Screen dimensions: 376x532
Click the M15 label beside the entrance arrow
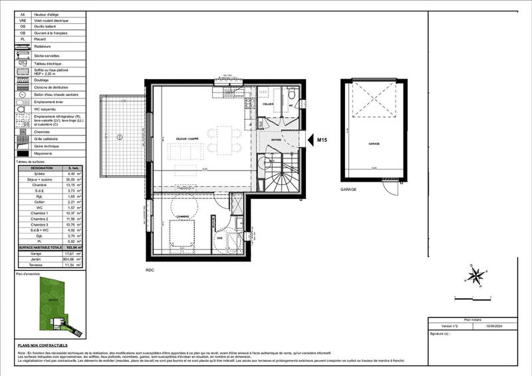pos(323,140)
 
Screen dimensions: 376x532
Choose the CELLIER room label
pos(268,104)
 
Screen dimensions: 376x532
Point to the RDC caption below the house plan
pos(150,270)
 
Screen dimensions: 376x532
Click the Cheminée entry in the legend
pos(42,132)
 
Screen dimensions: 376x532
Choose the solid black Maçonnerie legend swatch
pos(23,154)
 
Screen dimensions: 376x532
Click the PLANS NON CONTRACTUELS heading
pos(43,345)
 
